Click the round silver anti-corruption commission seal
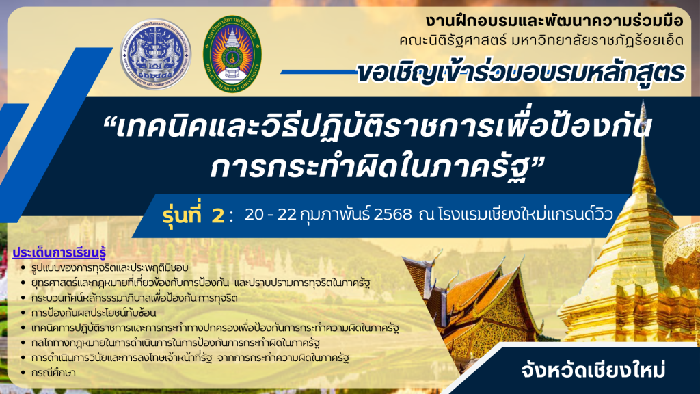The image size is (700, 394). coord(155,54)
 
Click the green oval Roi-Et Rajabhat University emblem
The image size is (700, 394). coord(232,54)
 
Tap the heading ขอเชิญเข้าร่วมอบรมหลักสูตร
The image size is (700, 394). coord(520,73)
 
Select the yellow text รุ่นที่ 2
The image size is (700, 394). coord(193,215)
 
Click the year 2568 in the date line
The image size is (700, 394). coord(393,215)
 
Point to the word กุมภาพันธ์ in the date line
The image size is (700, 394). coord(335,215)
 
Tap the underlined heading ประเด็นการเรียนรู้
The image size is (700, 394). coord(59,252)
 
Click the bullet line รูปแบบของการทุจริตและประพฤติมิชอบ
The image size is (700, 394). coord(110,268)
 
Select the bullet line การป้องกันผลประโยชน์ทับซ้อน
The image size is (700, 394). coord(94,313)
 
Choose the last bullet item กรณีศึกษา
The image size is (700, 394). coord(53,373)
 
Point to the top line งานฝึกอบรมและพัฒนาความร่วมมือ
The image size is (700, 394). coord(554,21)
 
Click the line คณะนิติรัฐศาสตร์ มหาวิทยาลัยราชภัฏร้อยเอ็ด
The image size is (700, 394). coord(541,40)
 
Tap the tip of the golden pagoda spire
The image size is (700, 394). coord(643,101)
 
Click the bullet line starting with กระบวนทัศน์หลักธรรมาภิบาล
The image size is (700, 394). coord(135,298)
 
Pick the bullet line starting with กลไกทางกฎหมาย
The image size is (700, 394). coord(176,343)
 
